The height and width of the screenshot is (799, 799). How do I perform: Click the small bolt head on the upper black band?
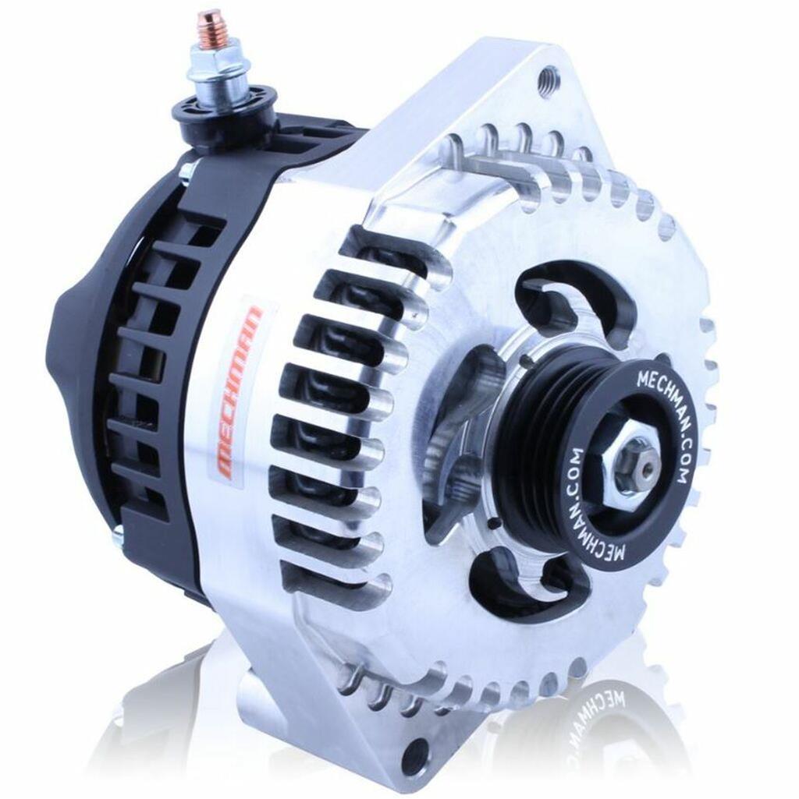[x=185, y=170]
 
